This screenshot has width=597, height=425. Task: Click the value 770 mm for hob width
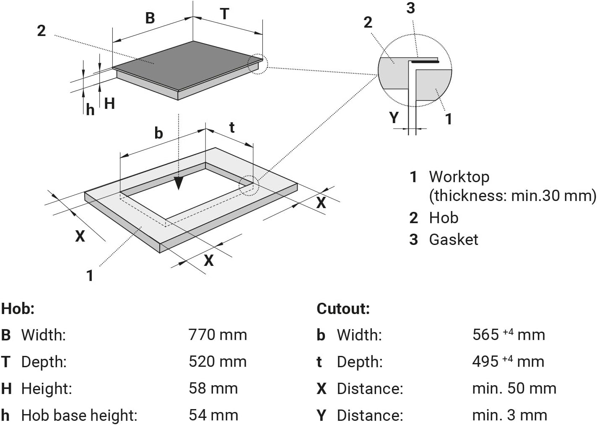pos(218,335)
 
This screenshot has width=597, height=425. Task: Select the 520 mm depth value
pos(218,362)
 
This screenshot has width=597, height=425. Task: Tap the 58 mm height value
pos(213,389)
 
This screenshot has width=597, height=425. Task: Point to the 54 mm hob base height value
pos(213,415)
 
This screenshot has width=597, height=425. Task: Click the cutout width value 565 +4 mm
pos(508,335)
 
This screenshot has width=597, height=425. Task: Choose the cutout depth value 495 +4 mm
pos(508,362)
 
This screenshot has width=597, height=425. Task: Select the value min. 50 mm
pos(514,389)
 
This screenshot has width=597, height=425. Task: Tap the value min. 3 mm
pos(509,415)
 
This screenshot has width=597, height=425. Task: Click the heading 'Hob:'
pos(18,309)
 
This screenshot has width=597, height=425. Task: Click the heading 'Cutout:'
pos(343,309)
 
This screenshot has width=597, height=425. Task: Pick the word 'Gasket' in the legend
pos(453,240)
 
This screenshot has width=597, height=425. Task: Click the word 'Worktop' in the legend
pos(459,177)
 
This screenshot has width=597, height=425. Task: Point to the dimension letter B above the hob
pos(150,18)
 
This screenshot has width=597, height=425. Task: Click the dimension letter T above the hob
pos(225,14)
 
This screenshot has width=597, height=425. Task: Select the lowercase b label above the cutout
pos(158,133)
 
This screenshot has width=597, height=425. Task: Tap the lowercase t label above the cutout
pos(232,127)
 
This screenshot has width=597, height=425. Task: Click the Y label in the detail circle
pos(394,117)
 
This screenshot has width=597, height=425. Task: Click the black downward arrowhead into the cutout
pos(179,183)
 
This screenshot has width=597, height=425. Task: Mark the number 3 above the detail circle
pos(411,8)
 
